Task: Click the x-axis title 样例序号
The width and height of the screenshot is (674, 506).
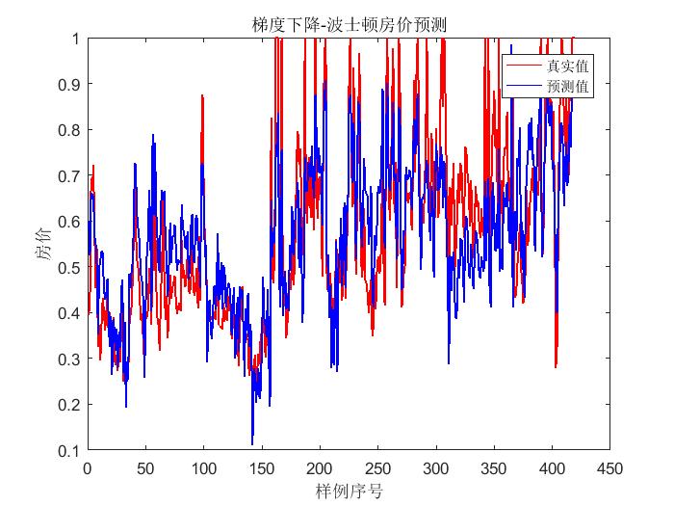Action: pos(349,491)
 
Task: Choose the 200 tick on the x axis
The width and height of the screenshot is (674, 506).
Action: pos(320,467)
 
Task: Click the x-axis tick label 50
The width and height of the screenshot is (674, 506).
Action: pos(145,467)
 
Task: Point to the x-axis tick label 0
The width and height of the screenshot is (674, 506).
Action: pos(88,467)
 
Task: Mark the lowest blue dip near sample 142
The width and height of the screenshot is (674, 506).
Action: pos(252,444)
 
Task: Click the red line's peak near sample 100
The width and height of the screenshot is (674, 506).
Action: pos(202,95)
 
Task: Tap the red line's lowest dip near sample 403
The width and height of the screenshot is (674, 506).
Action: pos(556,367)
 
